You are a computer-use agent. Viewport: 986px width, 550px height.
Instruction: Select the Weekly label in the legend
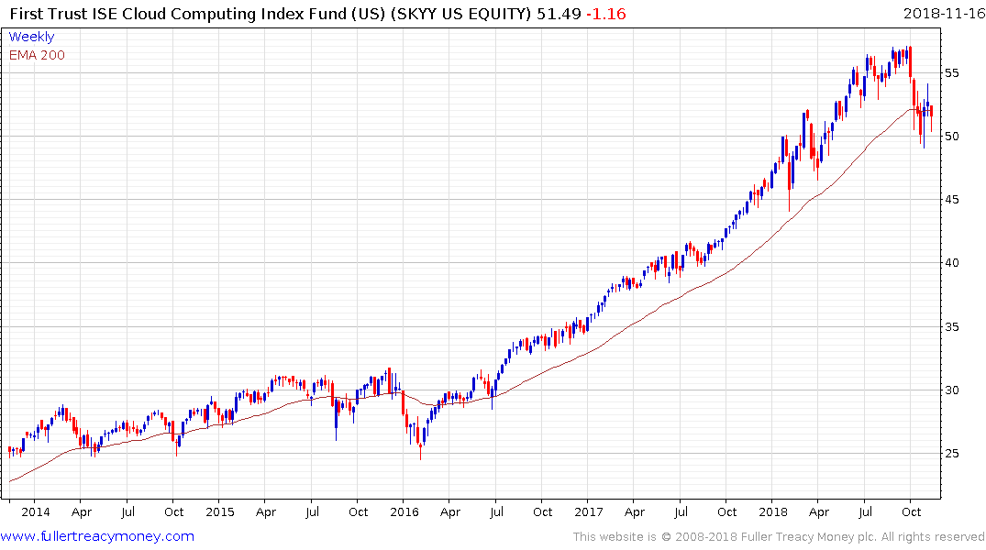(31, 37)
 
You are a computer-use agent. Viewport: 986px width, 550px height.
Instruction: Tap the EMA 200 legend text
(37, 55)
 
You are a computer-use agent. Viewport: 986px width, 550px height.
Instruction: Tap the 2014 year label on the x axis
(36, 512)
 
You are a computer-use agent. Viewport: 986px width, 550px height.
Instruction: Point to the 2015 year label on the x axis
(220, 512)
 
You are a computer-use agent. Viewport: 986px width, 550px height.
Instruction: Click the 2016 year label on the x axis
(404, 512)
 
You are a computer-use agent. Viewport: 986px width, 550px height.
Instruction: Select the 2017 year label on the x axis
(589, 512)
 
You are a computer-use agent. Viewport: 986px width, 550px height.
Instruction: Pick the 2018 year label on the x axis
(773, 512)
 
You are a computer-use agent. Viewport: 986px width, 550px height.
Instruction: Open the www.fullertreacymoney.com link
(97, 536)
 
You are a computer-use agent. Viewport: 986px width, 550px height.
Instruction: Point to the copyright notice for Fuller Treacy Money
(779, 537)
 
